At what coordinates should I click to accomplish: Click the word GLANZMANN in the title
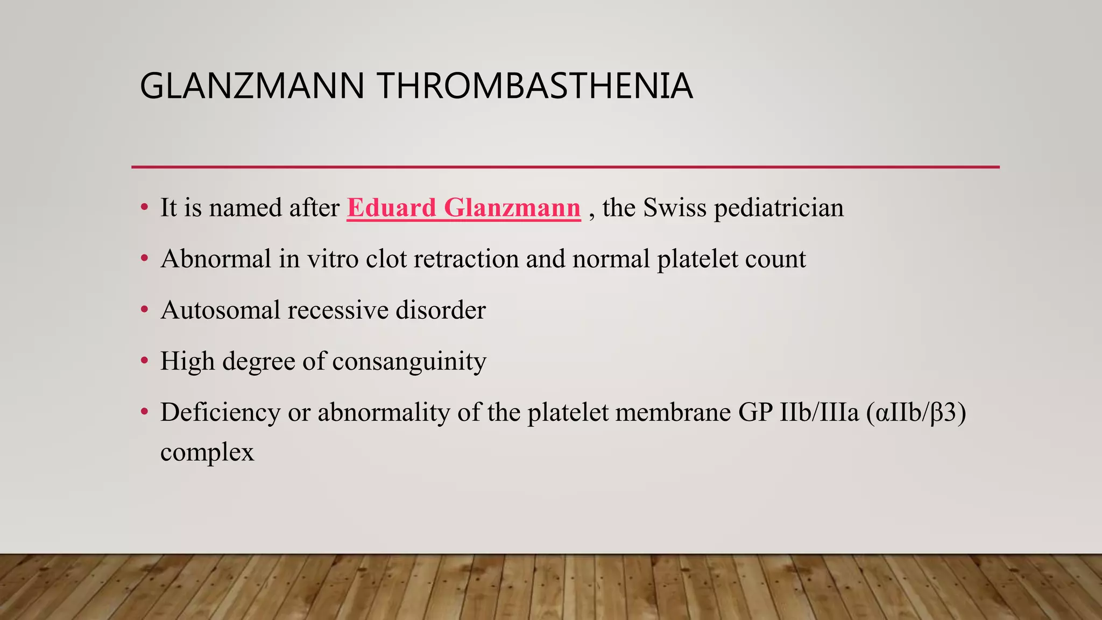(252, 86)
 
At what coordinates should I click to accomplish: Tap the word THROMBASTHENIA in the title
(534, 86)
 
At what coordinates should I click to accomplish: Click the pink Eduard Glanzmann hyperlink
(463, 208)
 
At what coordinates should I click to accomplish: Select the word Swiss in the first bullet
(674, 208)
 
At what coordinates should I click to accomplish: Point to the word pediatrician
(779, 208)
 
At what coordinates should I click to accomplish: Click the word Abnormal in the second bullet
(215, 259)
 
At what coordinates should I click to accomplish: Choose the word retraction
(467, 259)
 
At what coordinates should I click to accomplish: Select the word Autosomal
(220, 310)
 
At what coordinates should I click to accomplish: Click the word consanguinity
(409, 361)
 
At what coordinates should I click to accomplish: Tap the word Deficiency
(220, 412)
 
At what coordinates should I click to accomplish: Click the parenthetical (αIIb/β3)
(916, 412)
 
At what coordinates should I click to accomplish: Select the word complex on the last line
(207, 452)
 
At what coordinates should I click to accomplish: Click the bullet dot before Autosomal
(144, 310)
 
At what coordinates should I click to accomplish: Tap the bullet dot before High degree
(144, 361)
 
